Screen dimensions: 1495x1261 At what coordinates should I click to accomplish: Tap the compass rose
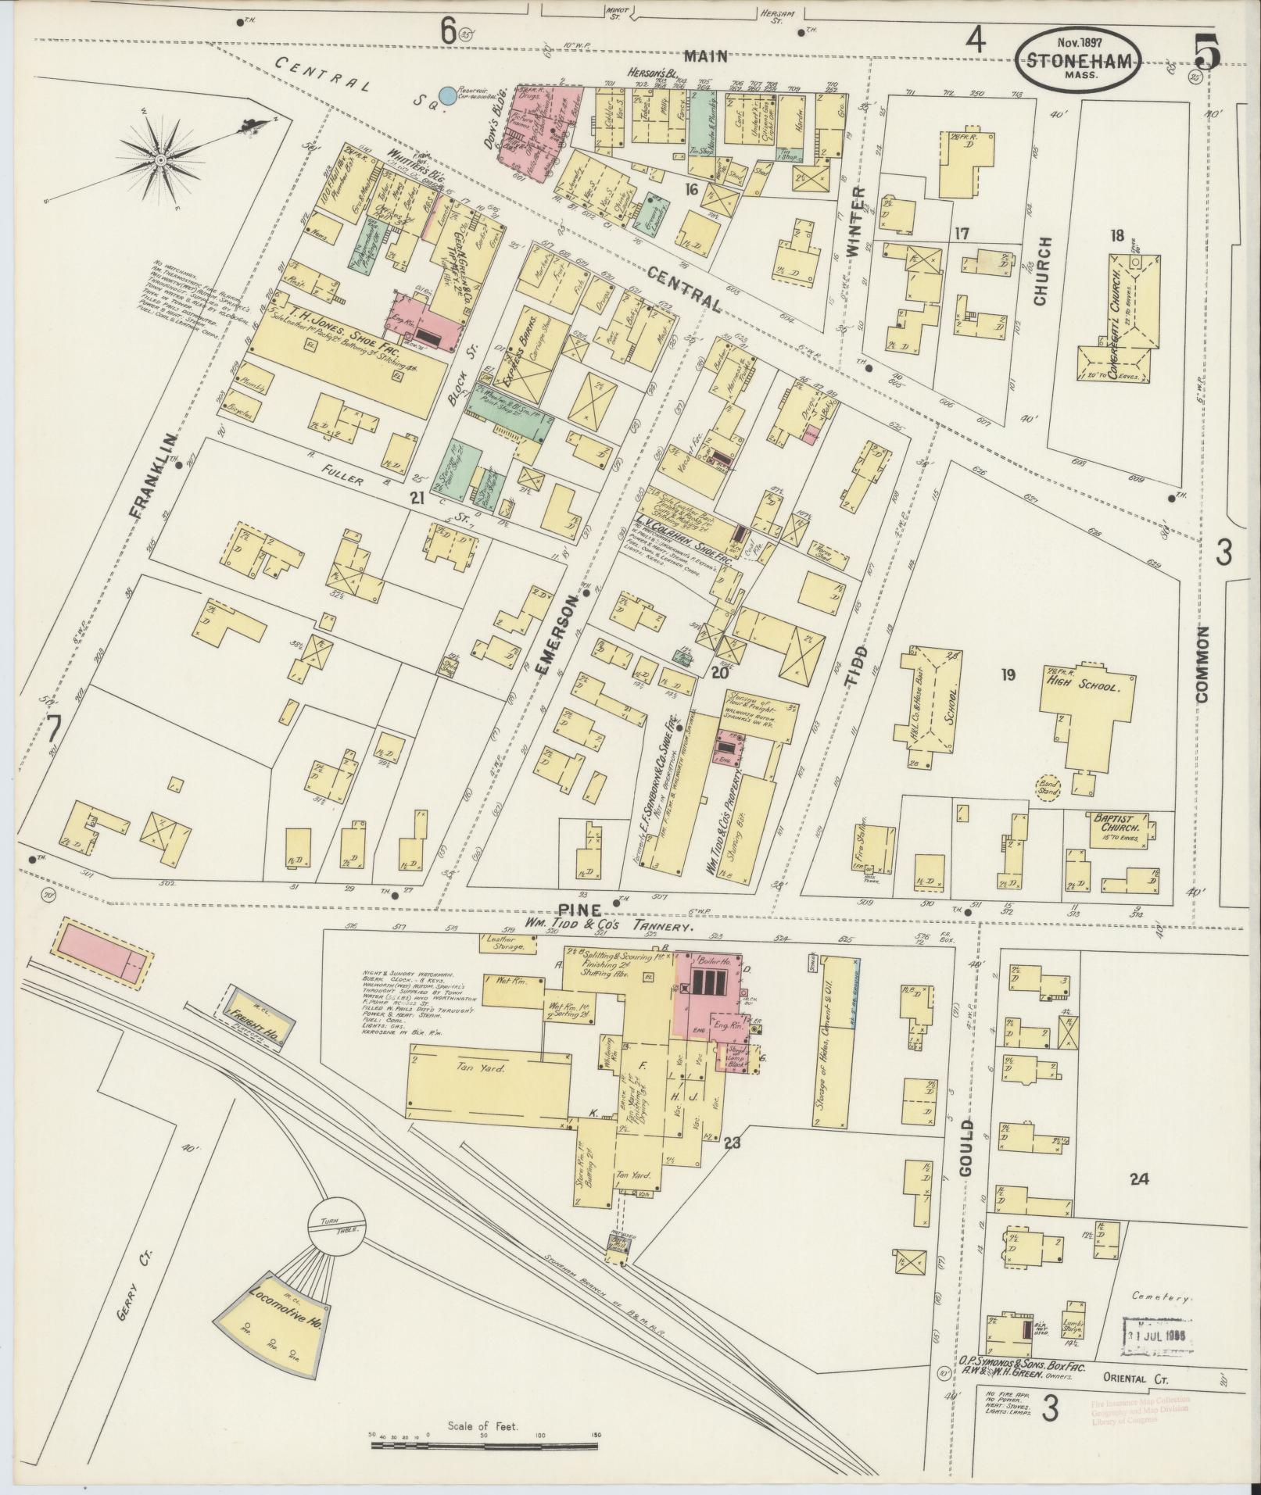pyautogui.click(x=160, y=159)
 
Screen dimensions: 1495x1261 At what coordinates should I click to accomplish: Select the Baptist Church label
pyautogui.click(x=1119, y=822)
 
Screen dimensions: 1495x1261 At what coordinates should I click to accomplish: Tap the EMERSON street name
pyautogui.click(x=559, y=633)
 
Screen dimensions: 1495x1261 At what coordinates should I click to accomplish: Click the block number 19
pyautogui.click(x=1007, y=674)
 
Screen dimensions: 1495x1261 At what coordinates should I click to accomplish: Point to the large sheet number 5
pyautogui.click(x=1207, y=53)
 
